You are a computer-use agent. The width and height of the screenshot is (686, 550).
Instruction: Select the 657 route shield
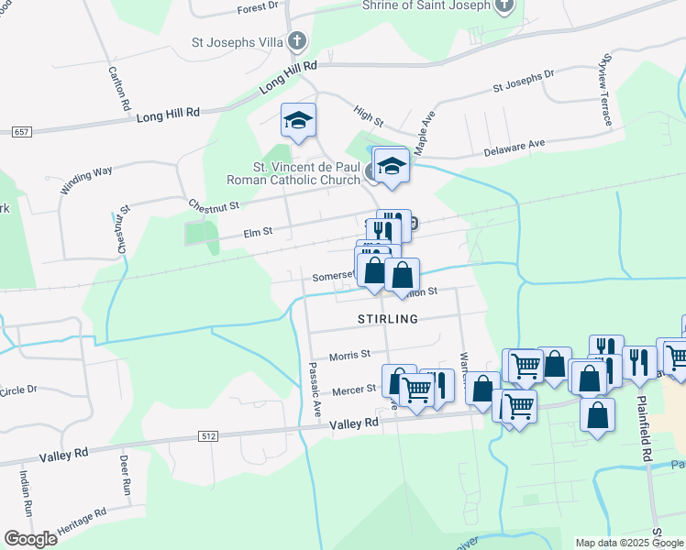pos(22,132)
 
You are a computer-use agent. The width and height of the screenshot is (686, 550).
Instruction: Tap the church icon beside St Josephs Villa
pos(296,41)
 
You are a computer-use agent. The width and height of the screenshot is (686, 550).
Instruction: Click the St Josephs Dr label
pos(524,82)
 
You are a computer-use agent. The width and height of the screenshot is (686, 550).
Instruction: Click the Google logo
pos(29,538)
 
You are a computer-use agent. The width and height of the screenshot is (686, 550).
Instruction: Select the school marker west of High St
pos(299,121)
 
